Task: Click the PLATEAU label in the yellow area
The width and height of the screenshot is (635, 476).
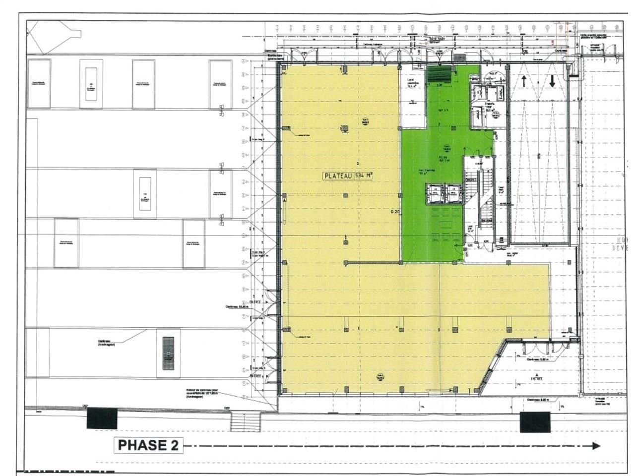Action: click(338, 176)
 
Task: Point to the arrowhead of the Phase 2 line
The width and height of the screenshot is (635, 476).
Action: click(595, 445)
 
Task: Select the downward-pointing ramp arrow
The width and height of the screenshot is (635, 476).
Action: click(552, 81)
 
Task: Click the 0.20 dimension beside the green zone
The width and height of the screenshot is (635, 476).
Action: click(395, 212)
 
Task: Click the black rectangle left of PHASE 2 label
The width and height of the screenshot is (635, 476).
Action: click(102, 418)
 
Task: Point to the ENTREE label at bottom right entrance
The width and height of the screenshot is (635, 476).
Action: click(536, 379)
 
